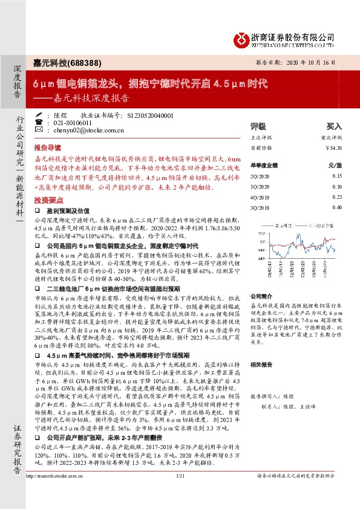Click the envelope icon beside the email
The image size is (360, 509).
coord(39,130)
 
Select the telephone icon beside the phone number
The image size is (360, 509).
coord(39,122)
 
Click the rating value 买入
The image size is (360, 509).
coord(334,127)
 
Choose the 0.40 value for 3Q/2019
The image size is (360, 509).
coord(336,207)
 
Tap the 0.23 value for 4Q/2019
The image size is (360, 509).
coord(336,197)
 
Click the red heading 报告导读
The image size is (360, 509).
coord(48,148)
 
